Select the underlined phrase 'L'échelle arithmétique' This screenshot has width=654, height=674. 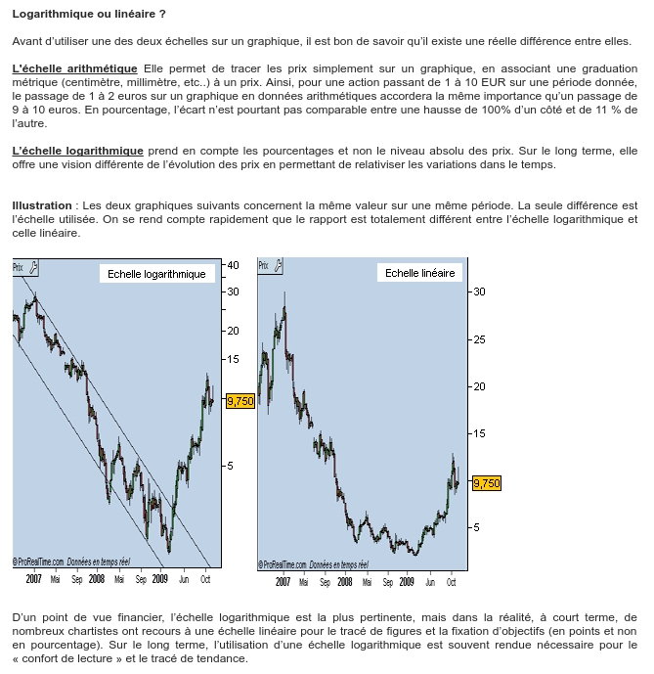point(74,69)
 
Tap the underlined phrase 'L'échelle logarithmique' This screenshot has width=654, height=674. point(77,151)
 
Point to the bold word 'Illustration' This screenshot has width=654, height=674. point(42,206)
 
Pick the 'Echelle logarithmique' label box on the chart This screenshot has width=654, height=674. point(157,274)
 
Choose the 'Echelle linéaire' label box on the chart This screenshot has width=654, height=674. point(419,273)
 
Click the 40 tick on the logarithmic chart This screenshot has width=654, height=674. point(233,265)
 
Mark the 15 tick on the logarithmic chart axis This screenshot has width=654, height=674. point(233,359)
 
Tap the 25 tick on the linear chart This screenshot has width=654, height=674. point(479,339)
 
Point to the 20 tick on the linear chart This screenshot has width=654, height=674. point(479,386)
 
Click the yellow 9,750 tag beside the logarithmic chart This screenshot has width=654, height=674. point(240,400)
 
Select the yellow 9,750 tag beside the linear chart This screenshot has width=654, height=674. point(486,482)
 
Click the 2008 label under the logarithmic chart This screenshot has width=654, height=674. point(97,579)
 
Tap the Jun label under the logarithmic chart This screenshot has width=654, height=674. point(184,579)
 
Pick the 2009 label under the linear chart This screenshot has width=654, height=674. point(407,582)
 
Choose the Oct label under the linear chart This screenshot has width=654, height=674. point(451,582)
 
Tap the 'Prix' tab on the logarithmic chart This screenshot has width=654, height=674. point(18,266)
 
